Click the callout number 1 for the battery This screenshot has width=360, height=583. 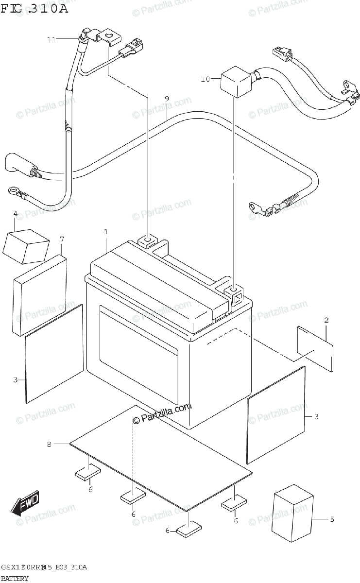pos(105,232)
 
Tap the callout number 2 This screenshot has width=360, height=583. pos(326,320)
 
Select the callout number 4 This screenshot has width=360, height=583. pos(15,214)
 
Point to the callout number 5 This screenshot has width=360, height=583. pos(332,519)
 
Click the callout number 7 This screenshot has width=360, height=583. pos(62,239)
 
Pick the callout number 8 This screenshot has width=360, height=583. pos(49,444)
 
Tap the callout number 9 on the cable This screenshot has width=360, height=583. pos(167,99)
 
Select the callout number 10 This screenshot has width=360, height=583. pos(205,78)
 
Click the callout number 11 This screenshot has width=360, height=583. pos(51,39)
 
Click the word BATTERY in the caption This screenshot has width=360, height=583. pos(15,578)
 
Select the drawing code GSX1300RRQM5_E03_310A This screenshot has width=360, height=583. pos(44,567)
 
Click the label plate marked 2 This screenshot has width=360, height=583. pos(315,349)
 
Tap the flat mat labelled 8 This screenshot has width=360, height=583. pos(160,452)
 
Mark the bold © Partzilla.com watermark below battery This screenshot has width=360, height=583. pos(163,413)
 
